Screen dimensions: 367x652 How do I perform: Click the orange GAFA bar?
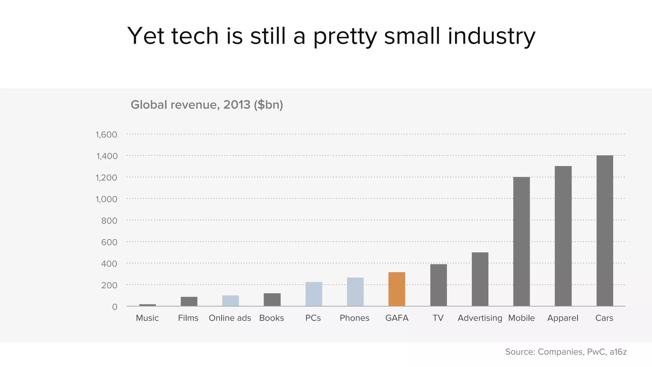[x=397, y=289]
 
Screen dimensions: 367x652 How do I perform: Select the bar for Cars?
[x=605, y=231]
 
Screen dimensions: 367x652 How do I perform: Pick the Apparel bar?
[x=563, y=236]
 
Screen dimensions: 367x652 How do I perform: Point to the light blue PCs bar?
[x=314, y=294]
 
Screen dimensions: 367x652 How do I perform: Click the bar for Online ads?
[x=230, y=300]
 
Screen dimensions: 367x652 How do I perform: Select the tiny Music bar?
[x=147, y=305]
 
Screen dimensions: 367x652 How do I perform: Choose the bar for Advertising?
[x=480, y=279]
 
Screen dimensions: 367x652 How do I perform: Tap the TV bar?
[x=438, y=285]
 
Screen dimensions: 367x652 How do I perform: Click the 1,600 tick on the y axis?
[x=106, y=135]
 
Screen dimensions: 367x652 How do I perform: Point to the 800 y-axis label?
[x=109, y=221]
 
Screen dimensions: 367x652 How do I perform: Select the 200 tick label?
[x=109, y=285]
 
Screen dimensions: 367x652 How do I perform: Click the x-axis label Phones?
[x=354, y=318]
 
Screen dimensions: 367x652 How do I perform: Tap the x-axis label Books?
[x=272, y=318]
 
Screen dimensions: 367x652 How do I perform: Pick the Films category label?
[x=188, y=318]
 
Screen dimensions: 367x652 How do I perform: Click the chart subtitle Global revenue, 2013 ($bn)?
[x=207, y=105]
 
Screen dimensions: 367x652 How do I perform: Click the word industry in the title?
[x=492, y=36]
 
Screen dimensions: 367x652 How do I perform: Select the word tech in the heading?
[x=195, y=36]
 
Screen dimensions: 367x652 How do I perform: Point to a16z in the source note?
[x=618, y=352]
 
